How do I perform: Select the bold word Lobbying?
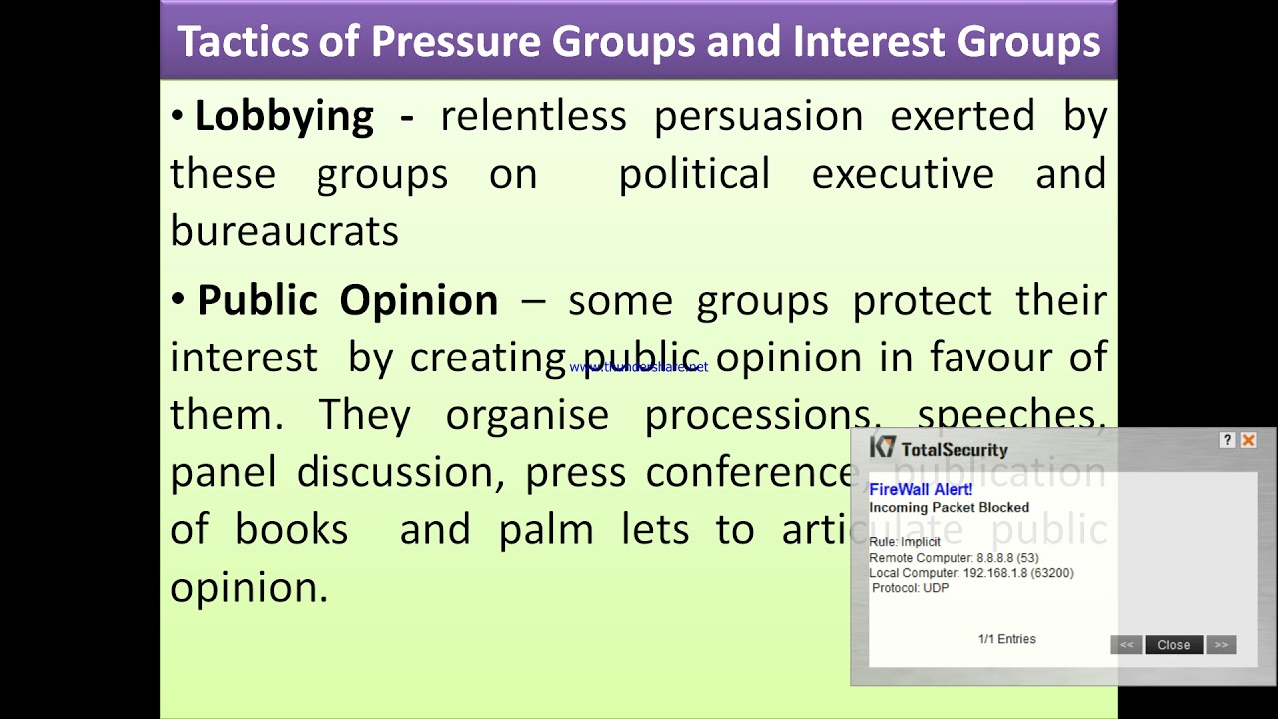pos(284,117)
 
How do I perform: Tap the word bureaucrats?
pos(285,231)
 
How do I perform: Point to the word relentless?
pos(533,116)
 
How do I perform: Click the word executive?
pos(903,174)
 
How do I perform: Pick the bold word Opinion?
pos(418,300)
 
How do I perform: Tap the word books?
pos(292,530)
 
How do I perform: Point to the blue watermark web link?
pos(639,367)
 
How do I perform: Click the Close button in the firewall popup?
pos(1174,645)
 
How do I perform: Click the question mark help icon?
pos(1228,440)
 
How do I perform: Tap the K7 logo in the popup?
pos(883,447)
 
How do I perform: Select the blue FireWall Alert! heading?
pos(921,489)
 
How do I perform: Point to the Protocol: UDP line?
pos(911,588)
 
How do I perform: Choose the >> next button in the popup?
pos(1221,645)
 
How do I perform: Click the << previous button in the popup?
pos(1126,645)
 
